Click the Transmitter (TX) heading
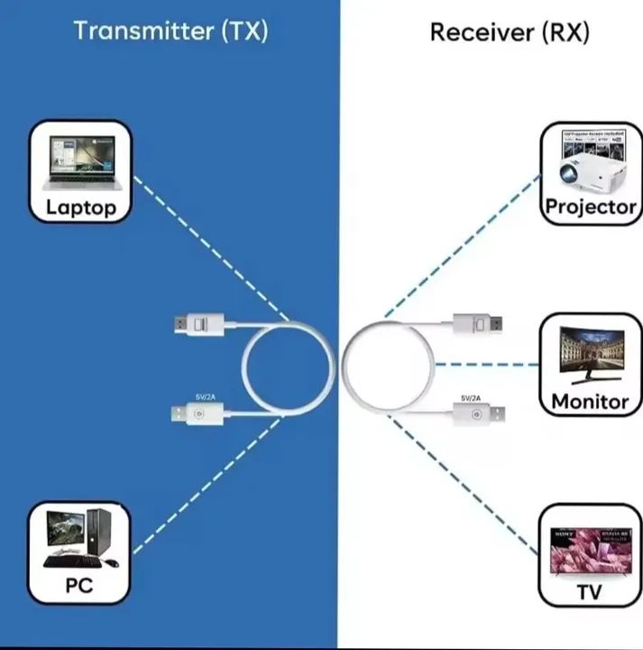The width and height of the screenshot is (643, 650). [x=170, y=31]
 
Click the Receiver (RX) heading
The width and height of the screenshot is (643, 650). [x=509, y=33]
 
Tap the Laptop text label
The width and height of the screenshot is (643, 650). [x=81, y=209]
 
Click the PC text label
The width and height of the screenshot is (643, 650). [x=79, y=585]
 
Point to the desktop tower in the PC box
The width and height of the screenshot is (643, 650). [x=98, y=532]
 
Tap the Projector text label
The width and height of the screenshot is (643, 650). [x=591, y=207]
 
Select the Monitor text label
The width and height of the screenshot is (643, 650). [x=590, y=401]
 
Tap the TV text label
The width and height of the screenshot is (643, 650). [x=590, y=592]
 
